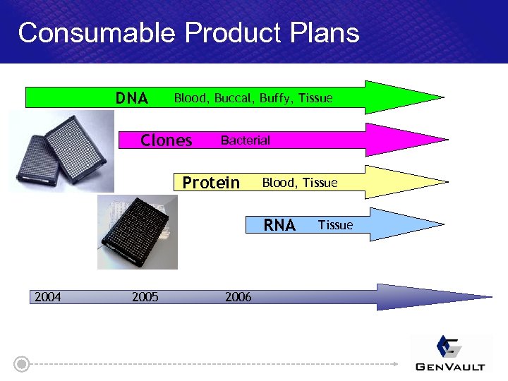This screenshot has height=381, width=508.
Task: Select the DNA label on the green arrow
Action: tap(132, 98)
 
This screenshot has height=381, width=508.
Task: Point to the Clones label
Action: tap(167, 140)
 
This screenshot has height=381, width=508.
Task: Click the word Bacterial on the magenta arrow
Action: tap(245, 140)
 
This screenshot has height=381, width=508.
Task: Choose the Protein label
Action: tap(211, 183)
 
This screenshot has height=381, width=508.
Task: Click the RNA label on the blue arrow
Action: tap(279, 225)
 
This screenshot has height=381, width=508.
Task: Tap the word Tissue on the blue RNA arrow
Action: tap(335, 225)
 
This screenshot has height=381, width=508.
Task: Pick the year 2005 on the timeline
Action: tap(145, 297)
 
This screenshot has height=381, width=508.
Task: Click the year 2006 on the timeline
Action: tap(238, 297)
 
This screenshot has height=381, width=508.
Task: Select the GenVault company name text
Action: tap(450, 366)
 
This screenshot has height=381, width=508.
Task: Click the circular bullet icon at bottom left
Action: tap(23, 364)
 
